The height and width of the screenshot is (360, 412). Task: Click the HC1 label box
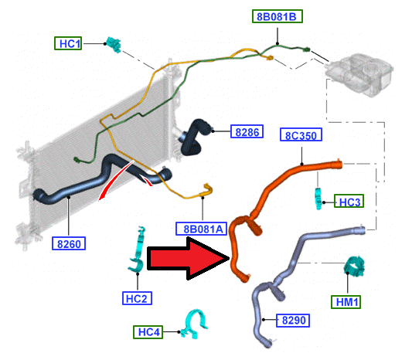(x=68, y=43)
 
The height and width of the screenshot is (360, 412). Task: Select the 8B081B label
(x=278, y=16)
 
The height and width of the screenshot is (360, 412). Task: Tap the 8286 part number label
(x=247, y=131)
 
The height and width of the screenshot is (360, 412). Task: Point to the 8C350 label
(x=301, y=134)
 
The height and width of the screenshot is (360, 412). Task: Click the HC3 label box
(x=349, y=201)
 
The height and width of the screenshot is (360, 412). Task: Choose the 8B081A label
(x=201, y=229)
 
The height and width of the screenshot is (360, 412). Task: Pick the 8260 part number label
(x=69, y=243)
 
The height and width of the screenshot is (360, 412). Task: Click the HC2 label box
(x=137, y=298)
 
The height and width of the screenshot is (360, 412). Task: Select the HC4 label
(x=148, y=332)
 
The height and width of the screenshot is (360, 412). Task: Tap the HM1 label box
(x=346, y=302)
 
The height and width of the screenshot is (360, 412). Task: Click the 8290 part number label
(x=293, y=320)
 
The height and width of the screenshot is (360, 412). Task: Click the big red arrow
(x=188, y=258)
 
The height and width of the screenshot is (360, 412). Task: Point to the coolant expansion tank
(x=359, y=74)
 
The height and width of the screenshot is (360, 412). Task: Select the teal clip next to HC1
(x=114, y=44)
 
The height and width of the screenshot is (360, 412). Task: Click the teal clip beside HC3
(x=318, y=199)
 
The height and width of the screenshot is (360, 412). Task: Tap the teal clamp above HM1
(x=354, y=267)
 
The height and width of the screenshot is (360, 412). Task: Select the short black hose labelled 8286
(x=195, y=138)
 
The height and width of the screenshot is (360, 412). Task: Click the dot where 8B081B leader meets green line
(x=278, y=44)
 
